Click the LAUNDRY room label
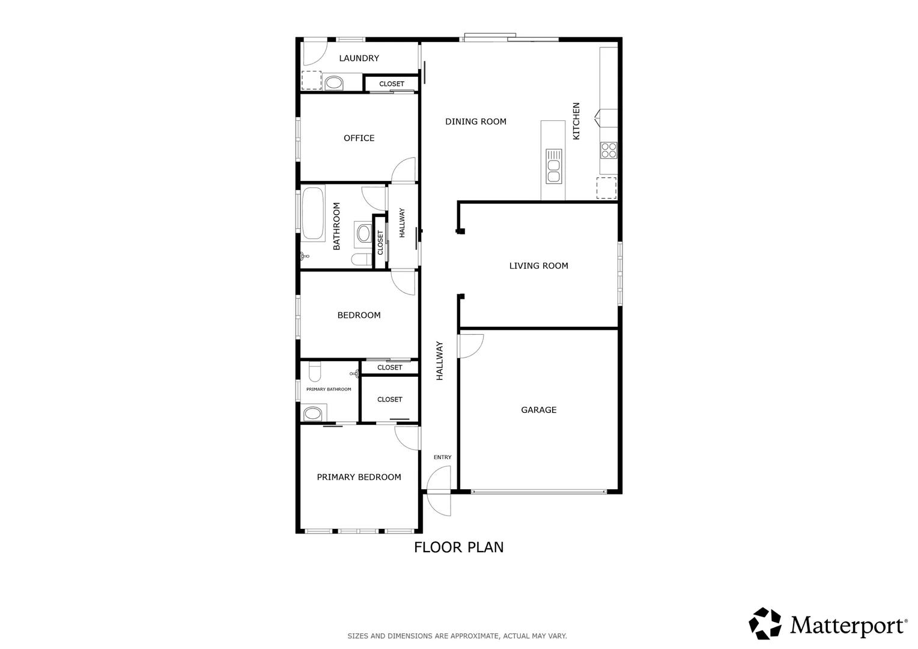[x=359, y=58]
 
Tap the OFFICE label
[x=359, y=138]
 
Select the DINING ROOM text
[x=475, y=121]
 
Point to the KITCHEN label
[x=576, y=121]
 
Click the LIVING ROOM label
[x=538, y=266]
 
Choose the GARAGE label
[x=538, y=410]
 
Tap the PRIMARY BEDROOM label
[x=359, y=477]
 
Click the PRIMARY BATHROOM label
[x=329, y=389]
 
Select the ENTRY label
[x=442, y=457]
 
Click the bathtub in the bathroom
[x=312, y=213]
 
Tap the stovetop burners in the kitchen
[x=608, y=150]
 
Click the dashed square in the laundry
[x=311, y=81]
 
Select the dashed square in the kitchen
[x=606, y=188]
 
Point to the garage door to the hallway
[x=470, y=346]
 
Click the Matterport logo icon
[x=765, y=623]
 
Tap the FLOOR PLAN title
[x=458, y=547]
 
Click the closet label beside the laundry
[x=392, y=84]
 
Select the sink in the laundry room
[x=333, y=82]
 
